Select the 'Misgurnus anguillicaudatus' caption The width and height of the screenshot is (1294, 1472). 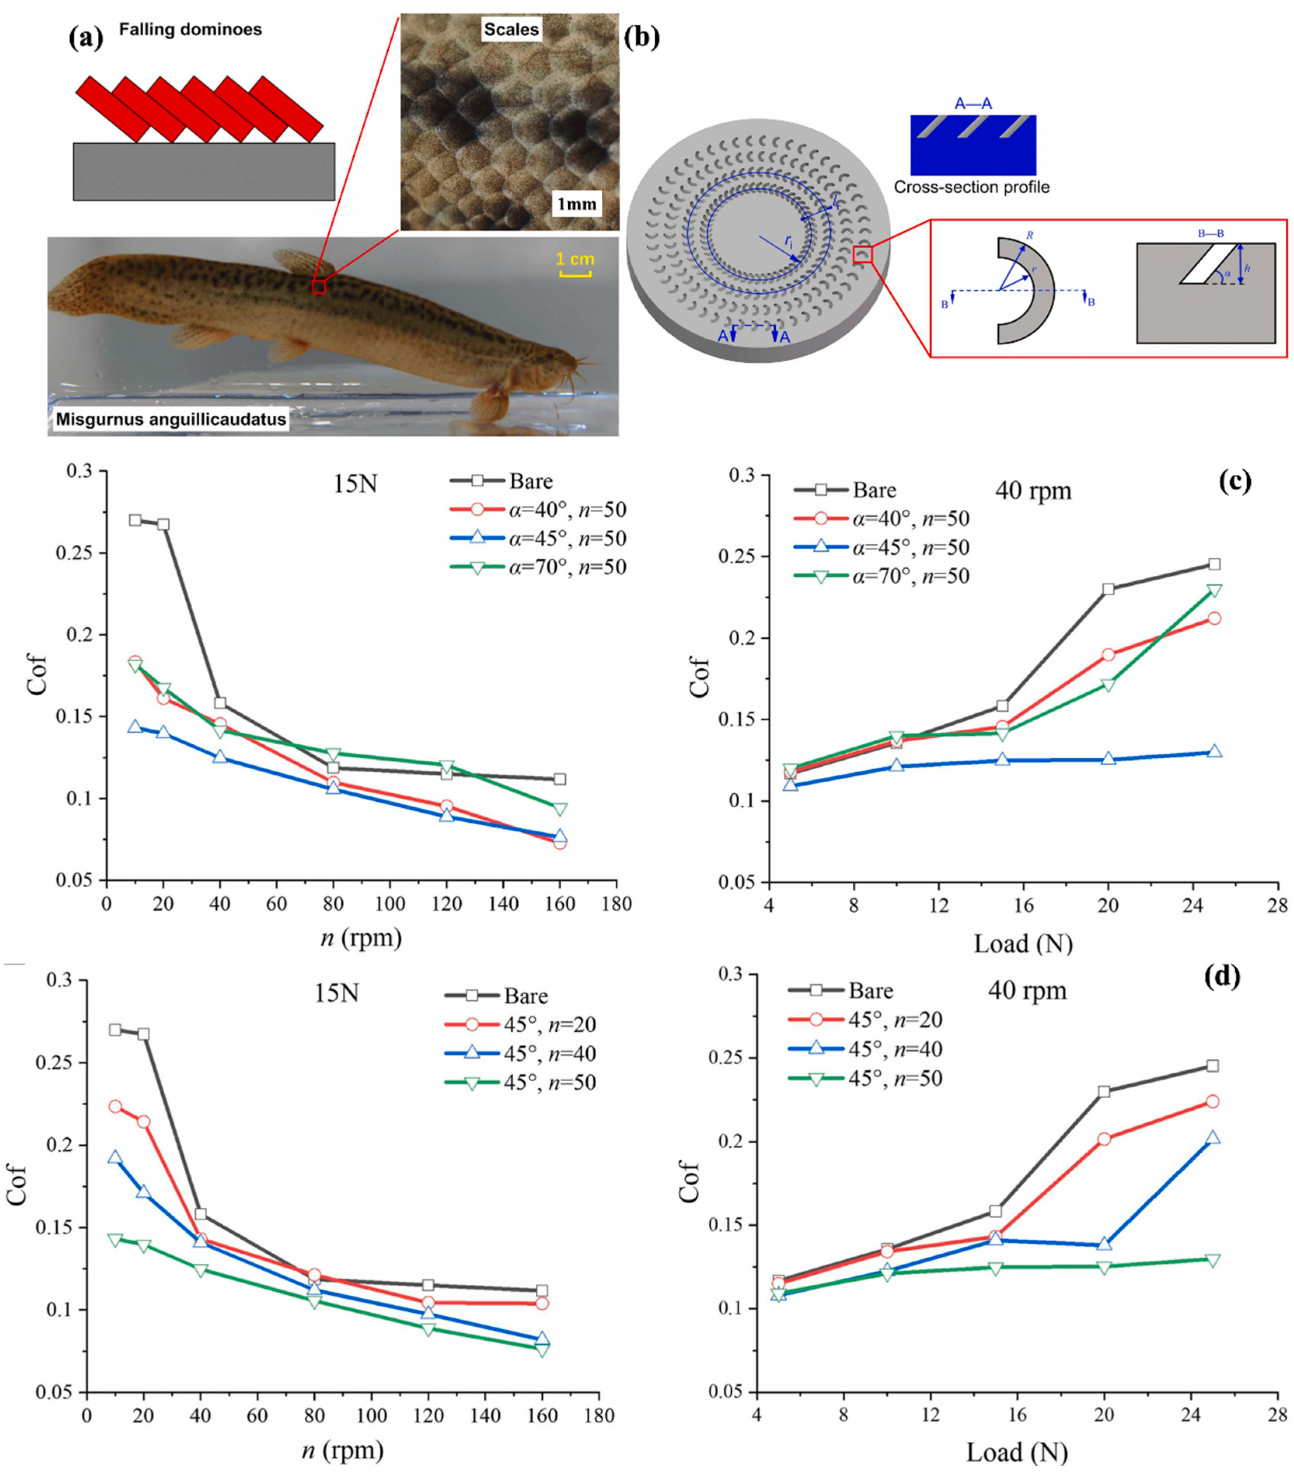pyautogui.click(x=171, y=419)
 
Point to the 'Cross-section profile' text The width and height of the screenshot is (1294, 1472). pyautogui.click(x=972, y=187)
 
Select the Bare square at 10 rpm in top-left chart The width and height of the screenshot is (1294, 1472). pyautogui.click(x=135, y=520)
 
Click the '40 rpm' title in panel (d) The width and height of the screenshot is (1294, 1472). pyautogui.click(x=1028, y=991)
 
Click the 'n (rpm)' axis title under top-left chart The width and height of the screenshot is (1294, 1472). pyautogui.click(x=361, y=938)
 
